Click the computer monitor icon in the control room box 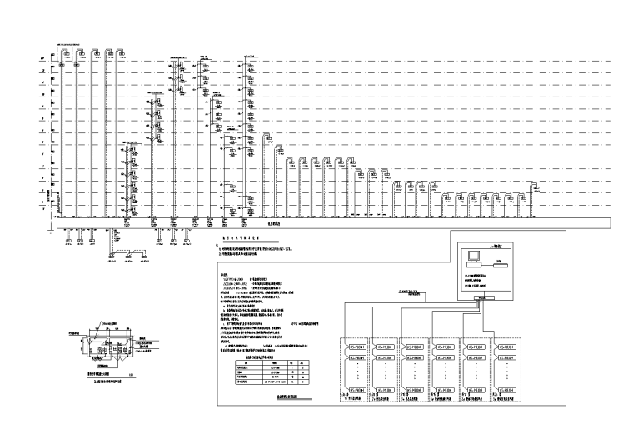point(472,256)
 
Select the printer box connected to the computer point(499,262)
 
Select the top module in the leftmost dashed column point(356,346)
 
